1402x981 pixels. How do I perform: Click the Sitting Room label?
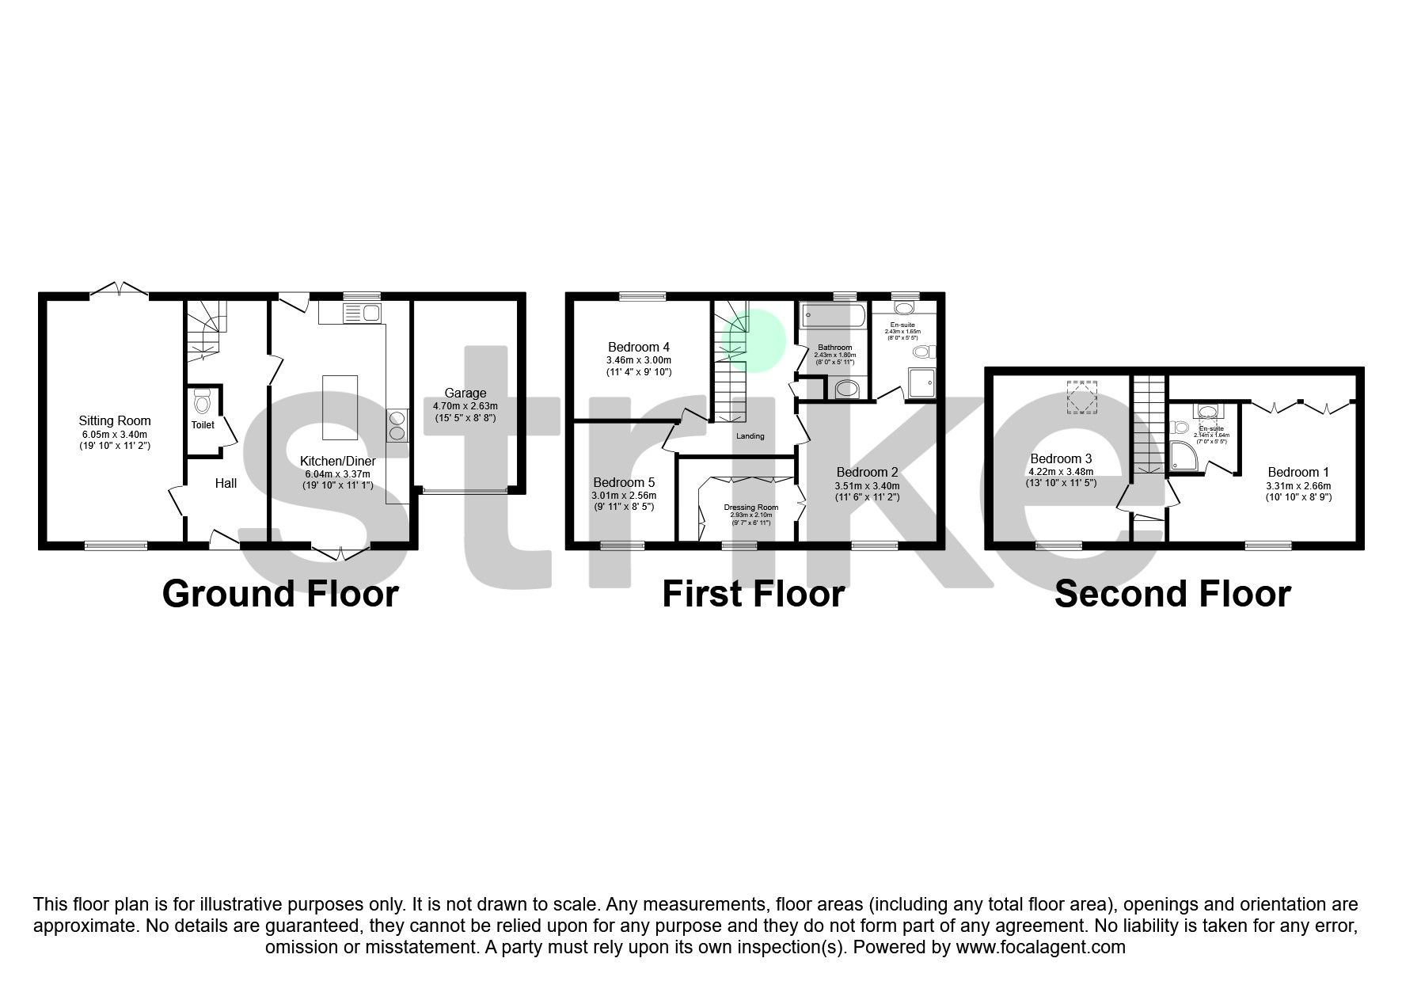pyautogui.click(x=115, y=421)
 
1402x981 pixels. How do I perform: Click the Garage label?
pyautogui.click(x=465, y=393)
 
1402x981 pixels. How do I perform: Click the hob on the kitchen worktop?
pyautogui.click(x=397, y=426)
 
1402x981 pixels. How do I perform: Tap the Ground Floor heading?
pyautogui.click(x=280, y=594)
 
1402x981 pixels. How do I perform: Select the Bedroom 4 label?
pyautogui.click(x=639, y=347)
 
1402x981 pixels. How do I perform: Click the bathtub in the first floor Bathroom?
pyautogui.click(x=833, y=317)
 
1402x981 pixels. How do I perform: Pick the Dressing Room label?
pyautogui.click(x=750, y=508)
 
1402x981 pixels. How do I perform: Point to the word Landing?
pyautogui.click(x=750, y=436)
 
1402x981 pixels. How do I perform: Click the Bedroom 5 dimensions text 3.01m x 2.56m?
pyautogui.click(x=624, y=496)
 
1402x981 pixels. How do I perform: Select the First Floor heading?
pyautogui.click(x=753, y=594)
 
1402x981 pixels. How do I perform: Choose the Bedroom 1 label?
pyautogui.click(x=1298, y=473)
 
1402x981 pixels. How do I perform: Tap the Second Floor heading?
pyautogui.click(x=1172, y=594)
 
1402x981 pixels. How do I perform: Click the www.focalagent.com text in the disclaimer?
pyautogui.click(x=1040, y=946)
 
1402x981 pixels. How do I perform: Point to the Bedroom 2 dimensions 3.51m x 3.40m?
pyautogui.click(x=867, y=486)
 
